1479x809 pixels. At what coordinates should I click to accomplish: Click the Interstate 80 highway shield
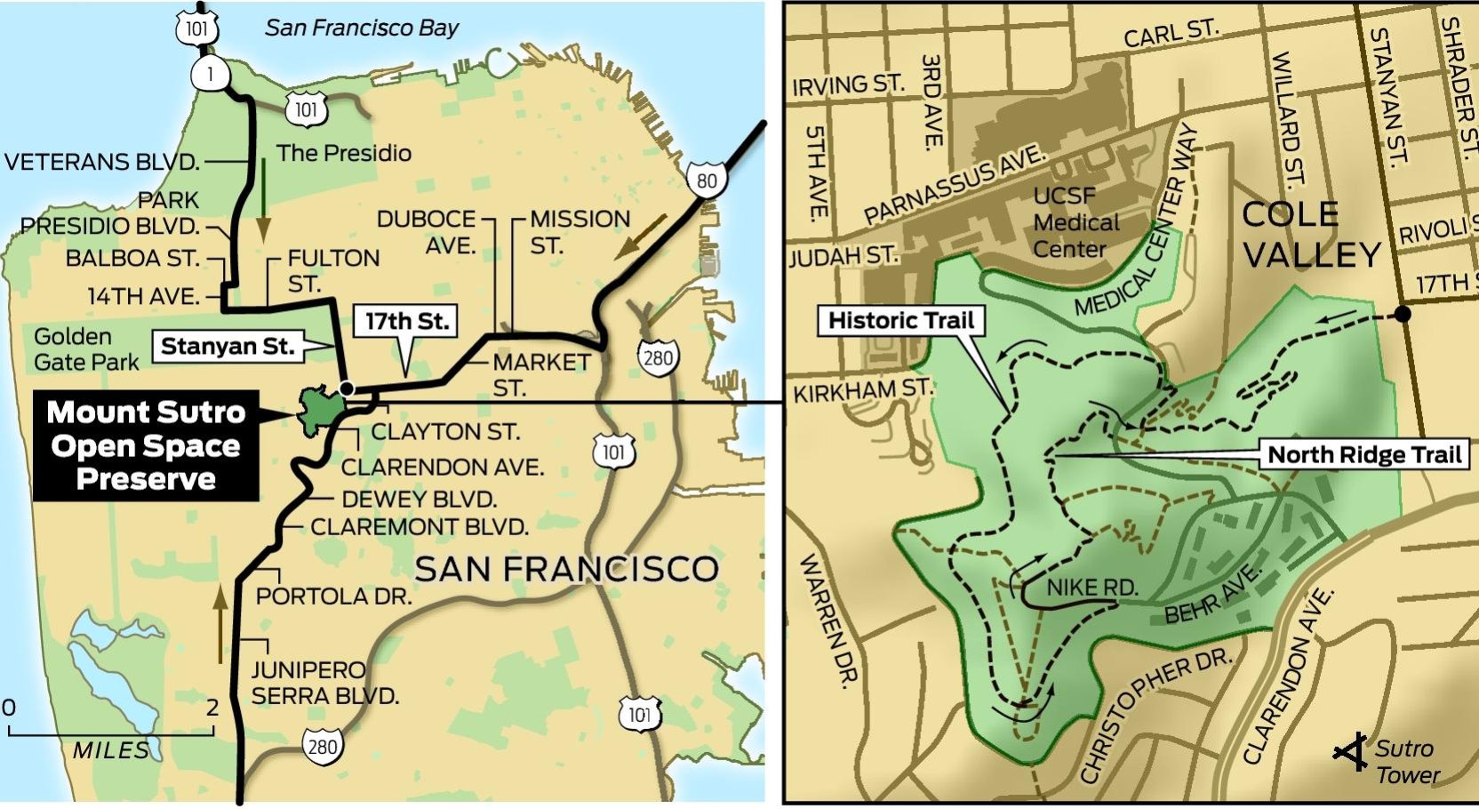pyautogui.click(x=707, y=180)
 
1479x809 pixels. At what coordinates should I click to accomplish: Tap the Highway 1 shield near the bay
pyautogui.click(x=211, y=74)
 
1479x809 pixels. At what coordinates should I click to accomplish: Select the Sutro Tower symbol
pyautogui.click(x=1352, y=753)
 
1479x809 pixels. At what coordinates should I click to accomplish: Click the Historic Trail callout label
pyautogui.click(x=900, y=321)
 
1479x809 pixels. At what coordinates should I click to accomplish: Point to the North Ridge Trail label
pyautogui.click(x=1363, y=455)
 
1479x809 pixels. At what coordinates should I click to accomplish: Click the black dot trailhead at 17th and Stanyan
pyautogui.click(x=1403, y=313)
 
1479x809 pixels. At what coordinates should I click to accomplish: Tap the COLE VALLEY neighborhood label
pyautogui.click(x=1310, y=235)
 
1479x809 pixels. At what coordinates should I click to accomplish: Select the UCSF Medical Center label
pyautogui.click(x=1076, y=222)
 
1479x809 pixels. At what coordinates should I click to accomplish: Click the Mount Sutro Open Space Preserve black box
pyautogui.click(x=146, y=445)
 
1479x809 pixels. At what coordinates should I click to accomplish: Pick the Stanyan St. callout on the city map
pyautogui.click(x=228, y=347)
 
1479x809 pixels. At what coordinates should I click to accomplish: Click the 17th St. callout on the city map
pyautogui.click(x=406, y=321)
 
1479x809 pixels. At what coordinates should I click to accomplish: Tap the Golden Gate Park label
pyautogui.click(x=85, y=349)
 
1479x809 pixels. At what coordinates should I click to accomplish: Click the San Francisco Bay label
pyautogui.click(x=361, y=28)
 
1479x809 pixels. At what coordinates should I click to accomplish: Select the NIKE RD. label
pyautogui.click(x=1092, y=588)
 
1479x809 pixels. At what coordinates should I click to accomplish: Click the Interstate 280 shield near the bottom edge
pyautogui.click(x=322, y=746)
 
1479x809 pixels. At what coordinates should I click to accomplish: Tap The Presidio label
pyautogui.click(x=343, y=153)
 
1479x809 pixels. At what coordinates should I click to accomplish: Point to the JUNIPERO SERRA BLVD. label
pyautogui.click(x=324, y=683)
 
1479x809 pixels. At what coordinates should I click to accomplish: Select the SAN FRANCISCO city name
pyautogui.click(x=566, y=569)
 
